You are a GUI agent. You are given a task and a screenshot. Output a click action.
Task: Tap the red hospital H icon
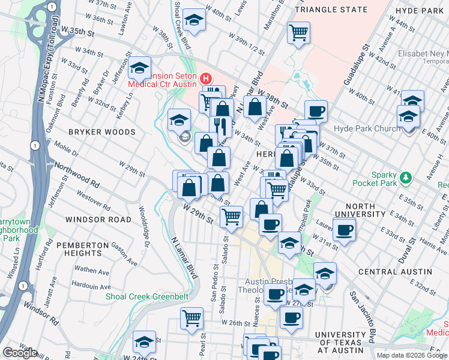pos(206,78)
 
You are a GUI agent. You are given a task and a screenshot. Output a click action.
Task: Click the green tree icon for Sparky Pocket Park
pos(406,177)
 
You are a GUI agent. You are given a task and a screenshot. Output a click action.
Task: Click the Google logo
pos(20,352)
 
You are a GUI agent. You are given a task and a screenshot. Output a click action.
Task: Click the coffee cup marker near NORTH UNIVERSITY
pos(344,229)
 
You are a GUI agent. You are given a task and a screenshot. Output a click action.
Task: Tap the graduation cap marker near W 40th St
pos(194,20)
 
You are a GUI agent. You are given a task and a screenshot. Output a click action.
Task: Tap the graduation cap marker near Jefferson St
pos(139,68)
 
